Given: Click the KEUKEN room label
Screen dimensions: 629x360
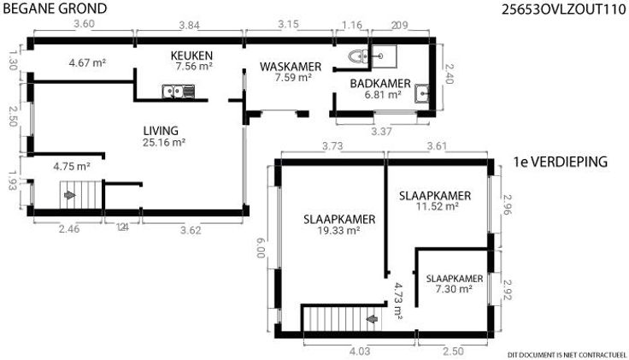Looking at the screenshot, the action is (191, 56).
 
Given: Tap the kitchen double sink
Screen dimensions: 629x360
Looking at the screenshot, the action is (178, 91).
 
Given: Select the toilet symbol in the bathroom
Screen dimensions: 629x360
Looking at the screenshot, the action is (357, 56).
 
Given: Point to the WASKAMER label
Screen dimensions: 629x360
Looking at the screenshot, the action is (291, 67).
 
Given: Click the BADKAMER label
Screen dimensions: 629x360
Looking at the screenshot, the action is (380, 84).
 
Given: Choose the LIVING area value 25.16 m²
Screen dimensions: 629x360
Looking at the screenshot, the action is (164, 143).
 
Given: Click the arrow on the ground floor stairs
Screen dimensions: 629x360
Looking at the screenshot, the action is (70, 195).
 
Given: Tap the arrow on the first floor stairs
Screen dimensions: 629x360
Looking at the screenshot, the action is (373, 319).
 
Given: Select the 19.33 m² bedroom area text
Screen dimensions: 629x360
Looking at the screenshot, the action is (338, 230).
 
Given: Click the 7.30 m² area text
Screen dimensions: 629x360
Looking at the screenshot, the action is (454, 288).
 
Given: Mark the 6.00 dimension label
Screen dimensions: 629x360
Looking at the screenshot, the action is (262, 247).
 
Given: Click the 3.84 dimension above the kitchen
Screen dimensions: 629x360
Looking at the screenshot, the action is (189, 26).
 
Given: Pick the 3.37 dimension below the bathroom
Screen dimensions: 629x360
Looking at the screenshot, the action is (381, 131).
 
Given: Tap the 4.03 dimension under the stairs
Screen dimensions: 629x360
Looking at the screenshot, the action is (360, 351).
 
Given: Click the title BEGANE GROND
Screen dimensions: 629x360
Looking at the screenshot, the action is (55, 9).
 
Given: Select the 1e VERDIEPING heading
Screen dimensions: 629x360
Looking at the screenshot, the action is (561, 162).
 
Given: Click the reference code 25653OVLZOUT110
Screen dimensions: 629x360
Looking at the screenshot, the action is (563, 9).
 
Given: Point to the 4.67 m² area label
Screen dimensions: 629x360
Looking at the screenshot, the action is (87, 63).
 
